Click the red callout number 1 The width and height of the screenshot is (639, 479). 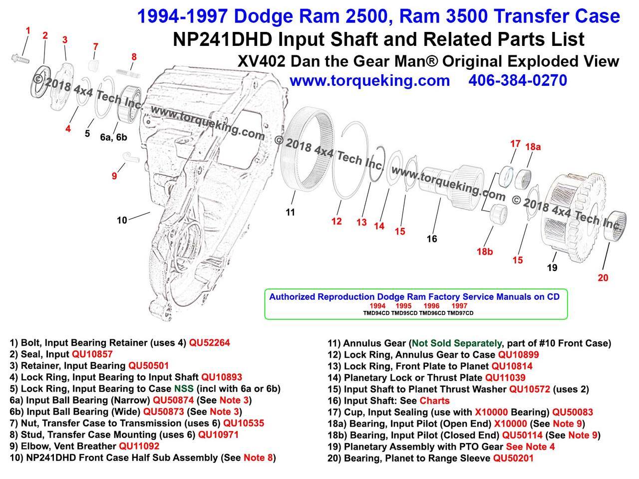28,31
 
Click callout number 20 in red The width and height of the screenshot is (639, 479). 603,277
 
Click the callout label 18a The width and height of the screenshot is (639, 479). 533,147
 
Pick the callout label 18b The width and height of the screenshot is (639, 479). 484,251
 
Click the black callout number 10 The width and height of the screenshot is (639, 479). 122,220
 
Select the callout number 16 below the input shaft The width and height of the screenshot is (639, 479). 432,239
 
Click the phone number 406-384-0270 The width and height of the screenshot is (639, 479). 518,80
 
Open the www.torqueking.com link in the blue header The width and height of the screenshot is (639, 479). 369,80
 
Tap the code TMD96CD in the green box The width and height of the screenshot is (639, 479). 432,313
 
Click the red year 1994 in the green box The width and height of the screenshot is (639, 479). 378,305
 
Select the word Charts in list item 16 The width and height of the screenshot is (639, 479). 434,401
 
